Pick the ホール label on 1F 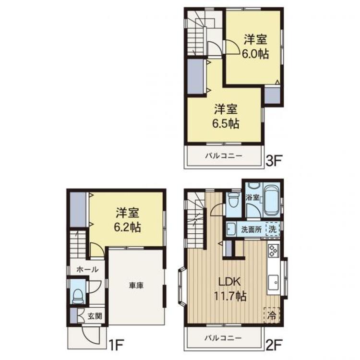87,269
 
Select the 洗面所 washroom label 251,229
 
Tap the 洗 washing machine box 273,229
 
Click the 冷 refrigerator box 271,315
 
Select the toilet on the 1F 78,296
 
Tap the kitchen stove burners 274,250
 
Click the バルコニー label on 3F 224,156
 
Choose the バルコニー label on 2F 224,339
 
